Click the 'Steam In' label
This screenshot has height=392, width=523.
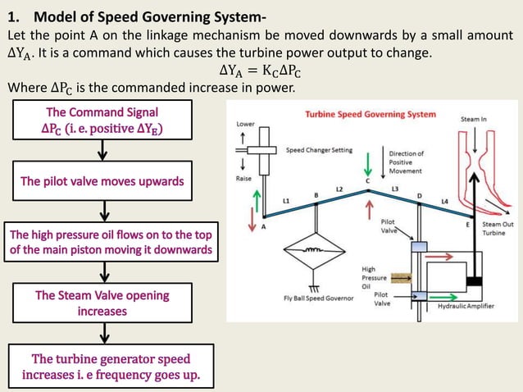tap(474, 120)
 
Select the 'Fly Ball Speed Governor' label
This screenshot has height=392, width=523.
tap(319, 297)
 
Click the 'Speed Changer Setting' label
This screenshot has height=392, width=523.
tap(320, 150)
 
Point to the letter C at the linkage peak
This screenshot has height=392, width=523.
tap(367, 180)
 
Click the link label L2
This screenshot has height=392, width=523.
tap(339, 189)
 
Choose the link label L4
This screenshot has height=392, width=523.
tap(444, 201)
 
